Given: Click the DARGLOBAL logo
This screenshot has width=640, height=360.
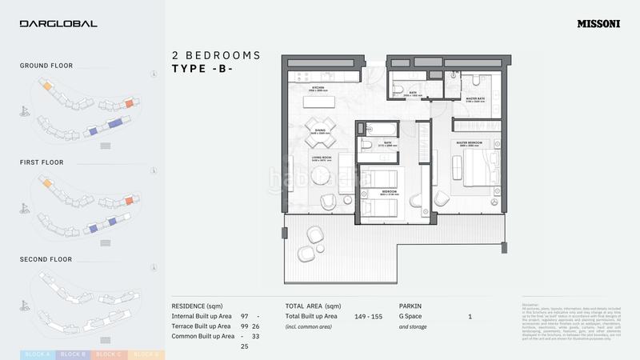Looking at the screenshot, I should (58, 23).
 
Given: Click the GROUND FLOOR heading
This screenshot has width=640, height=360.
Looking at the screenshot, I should (46, 66).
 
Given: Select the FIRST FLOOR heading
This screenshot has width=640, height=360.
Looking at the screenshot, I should (42, 162).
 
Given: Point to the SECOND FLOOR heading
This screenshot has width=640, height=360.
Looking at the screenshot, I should (46, 259).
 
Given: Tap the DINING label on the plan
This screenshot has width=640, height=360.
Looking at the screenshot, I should (319, 130).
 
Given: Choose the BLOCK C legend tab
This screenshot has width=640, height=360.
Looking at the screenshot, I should (108, 354).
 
